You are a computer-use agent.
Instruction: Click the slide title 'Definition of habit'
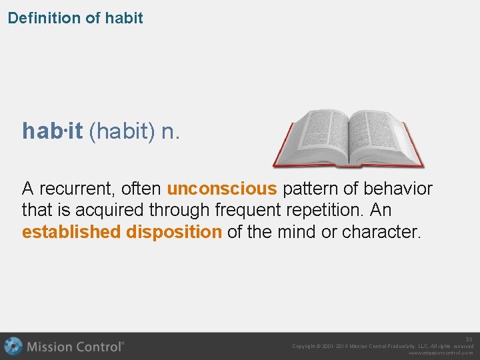click(x=75, y=18)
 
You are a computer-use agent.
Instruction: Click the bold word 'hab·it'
click(x=52, y=131)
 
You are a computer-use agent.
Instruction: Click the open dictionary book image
click(x=347, y=138)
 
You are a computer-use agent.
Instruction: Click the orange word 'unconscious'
click(x=221, y=189)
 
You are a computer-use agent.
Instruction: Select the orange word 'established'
click(x=71, y=232)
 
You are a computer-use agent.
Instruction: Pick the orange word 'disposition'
click(x=174, y=232)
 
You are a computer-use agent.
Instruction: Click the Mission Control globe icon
click(x=13, y=347)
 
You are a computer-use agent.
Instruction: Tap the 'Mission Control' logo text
click(x=75, y=347)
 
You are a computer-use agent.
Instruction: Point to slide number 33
click(x=469, y=339)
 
